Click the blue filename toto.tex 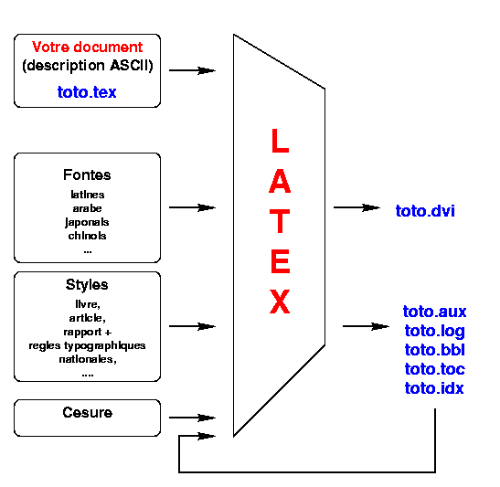(87, 92)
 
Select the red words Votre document (87, 47)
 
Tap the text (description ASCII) (88, 66)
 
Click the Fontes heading (87, 175)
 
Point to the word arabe (87, 208)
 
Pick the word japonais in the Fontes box (87, 222)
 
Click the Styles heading (87, 284)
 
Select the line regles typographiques (87, 345)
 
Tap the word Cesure (88, 412)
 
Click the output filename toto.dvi (425, 211)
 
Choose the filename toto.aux (434, 312)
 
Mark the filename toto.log (434, 331)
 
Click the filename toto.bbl (434, 350)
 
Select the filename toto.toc (434, 369)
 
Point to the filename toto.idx (434, 388)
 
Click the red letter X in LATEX (280, 302)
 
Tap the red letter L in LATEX (280, 141)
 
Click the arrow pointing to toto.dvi (356, 207)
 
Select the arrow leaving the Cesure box (192, 418)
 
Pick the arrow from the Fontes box (192, 207)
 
